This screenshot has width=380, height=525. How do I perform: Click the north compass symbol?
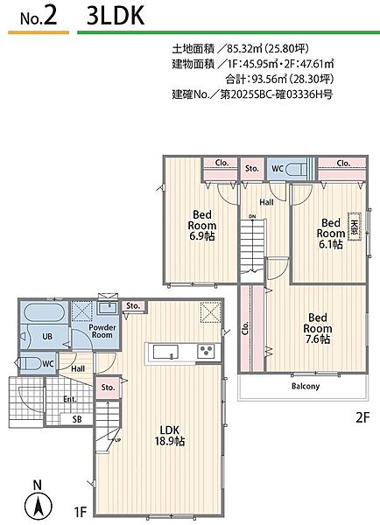pos(39,505)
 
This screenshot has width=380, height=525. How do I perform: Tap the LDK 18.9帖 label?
pos(170,436)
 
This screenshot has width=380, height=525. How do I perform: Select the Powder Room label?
pos(102,331)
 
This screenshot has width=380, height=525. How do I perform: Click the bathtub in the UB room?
pos(44,312)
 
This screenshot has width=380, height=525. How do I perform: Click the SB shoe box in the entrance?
pos(77,419)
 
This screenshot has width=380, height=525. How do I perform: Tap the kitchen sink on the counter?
pos(165,352)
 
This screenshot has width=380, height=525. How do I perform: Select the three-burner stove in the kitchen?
pos(206,351)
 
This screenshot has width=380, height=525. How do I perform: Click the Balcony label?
pos(306,386)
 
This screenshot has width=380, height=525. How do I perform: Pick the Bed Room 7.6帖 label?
pos(317,328)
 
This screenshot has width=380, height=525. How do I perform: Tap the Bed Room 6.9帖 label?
pos(202,225)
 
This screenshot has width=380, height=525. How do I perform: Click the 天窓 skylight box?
pos(355,226)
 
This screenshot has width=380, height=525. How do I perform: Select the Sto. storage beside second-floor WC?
pos(252,168)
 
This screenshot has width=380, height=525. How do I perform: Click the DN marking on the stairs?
pos(252,217)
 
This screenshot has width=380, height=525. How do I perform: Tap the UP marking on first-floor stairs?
pos(117,440)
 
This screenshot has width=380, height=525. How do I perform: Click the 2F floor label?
pos(362,417)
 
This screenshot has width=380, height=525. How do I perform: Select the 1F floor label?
pos(80,512)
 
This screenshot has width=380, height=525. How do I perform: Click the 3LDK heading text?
pos(116,16)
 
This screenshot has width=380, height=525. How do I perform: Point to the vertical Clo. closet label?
pos(246,328)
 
